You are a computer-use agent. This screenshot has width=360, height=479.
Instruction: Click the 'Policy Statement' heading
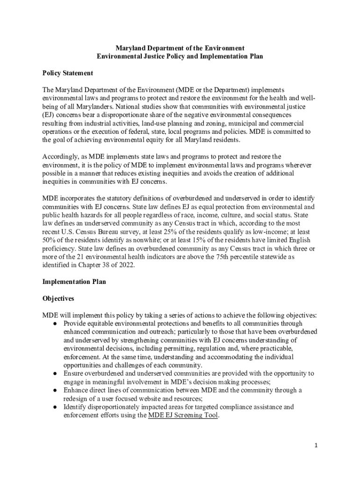67,73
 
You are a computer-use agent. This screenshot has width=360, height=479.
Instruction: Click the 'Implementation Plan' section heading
74,282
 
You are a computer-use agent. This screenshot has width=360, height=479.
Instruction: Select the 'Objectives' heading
58,298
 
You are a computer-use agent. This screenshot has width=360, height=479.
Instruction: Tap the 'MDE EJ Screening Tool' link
183,415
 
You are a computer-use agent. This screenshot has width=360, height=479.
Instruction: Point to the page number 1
316,445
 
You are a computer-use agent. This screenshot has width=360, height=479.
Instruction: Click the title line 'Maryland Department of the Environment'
180,48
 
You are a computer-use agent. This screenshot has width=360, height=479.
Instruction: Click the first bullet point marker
55,323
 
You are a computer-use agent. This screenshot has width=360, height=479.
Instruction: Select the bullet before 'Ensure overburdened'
55,373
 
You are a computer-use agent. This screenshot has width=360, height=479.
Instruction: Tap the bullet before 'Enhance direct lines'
55,390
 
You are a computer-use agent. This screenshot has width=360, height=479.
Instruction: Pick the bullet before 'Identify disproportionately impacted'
55,407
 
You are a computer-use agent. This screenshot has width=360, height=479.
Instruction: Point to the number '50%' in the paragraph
50,240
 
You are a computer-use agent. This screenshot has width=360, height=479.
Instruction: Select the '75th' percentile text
232,257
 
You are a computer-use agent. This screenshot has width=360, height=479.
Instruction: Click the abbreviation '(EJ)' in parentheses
49,115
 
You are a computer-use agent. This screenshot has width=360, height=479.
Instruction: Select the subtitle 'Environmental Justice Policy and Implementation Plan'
180,57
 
